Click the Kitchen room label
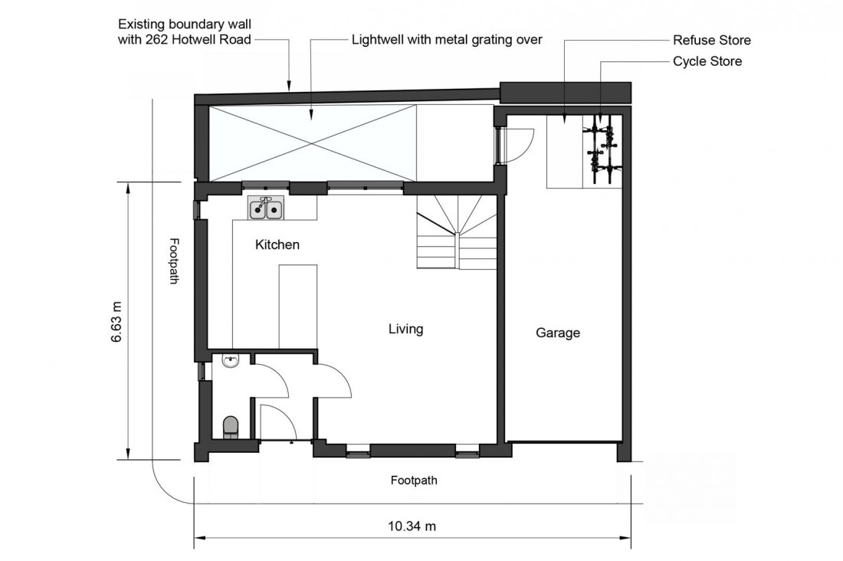277,245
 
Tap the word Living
405,330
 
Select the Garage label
557,333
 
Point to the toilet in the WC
230,428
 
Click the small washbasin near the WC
230,362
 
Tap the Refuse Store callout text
711,40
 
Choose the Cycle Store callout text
707,61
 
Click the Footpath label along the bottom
414,481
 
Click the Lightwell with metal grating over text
447,40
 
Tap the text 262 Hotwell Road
206,40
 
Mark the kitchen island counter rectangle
298,305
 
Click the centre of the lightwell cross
312,143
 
